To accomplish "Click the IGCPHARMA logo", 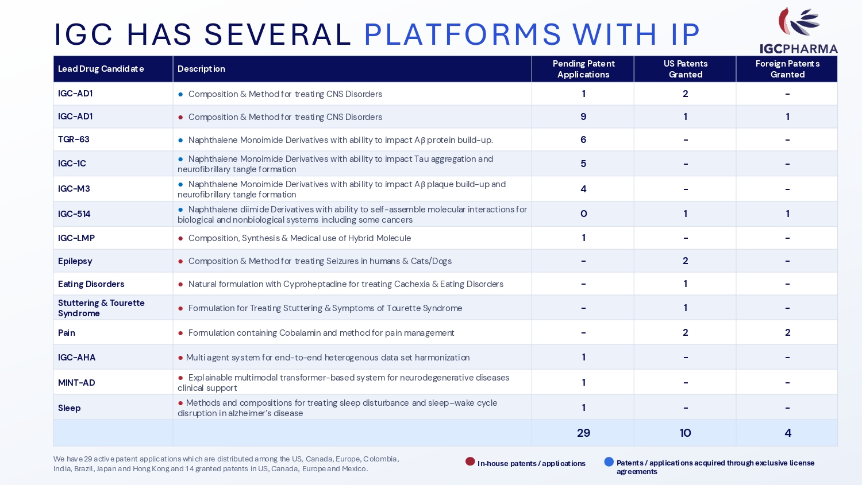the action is point(799,31).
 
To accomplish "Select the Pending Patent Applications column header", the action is point(583,69).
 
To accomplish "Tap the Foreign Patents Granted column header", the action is point(787,69).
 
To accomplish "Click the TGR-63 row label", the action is point(74,139).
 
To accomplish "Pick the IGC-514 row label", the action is point(74,214).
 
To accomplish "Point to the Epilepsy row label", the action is point(75,261).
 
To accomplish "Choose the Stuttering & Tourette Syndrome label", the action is point(101,308).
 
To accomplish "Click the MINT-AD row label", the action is point(76,382).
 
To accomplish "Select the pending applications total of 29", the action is point(583,433).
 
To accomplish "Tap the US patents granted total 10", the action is point(685,433).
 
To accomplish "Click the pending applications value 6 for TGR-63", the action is point(583,139).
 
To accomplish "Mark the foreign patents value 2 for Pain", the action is point(787,332).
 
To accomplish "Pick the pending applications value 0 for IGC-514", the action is point(583,214).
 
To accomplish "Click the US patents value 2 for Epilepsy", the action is point(685,261).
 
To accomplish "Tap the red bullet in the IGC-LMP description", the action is point(180,238).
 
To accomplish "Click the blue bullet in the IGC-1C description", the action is point(180,159).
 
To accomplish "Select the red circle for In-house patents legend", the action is point(470,461).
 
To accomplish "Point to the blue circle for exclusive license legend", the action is point(609,461).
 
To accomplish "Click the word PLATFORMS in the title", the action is point(462,34).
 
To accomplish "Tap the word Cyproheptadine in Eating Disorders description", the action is point(314,284).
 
